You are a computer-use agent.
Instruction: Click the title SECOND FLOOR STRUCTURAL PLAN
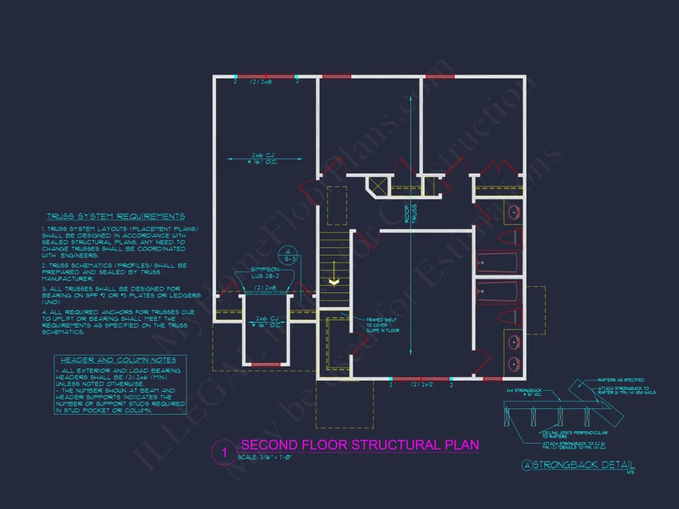click(359, 445)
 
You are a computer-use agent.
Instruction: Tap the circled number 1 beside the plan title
click(224, 452)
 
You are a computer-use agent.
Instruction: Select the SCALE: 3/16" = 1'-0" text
click(264, 457)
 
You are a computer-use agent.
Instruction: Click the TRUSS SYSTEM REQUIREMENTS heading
click(115, 217)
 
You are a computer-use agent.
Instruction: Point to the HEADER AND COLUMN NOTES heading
click(119, 360)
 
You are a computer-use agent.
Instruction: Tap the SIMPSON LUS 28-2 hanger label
click(265, 273)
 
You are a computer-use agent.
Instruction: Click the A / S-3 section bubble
click(286, 255)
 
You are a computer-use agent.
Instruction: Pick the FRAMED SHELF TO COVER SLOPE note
click(383, 325)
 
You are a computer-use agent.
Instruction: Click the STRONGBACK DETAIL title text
click(583, 465)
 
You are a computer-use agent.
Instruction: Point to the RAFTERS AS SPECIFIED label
click(622, 380)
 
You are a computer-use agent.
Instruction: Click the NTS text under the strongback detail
click(630, 473)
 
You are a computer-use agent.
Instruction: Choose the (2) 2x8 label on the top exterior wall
click(262, 81)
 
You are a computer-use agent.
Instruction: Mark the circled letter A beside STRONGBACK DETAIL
click(527, 465)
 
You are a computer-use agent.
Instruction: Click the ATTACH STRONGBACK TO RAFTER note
click(627, 390)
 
